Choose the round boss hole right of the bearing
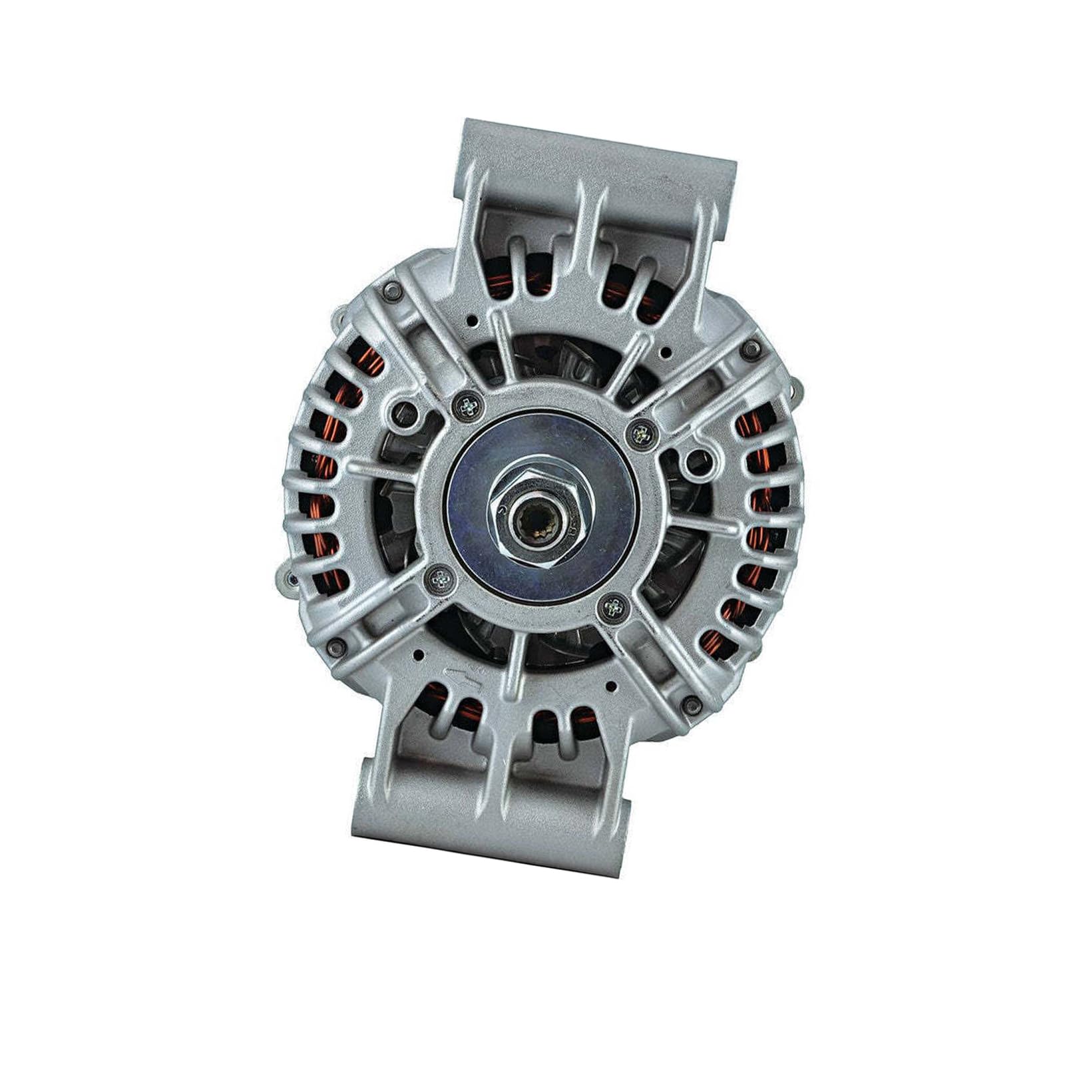pyautogui.click(x=696, y=457)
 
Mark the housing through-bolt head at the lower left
pyautogui.click(x=335, y=643)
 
